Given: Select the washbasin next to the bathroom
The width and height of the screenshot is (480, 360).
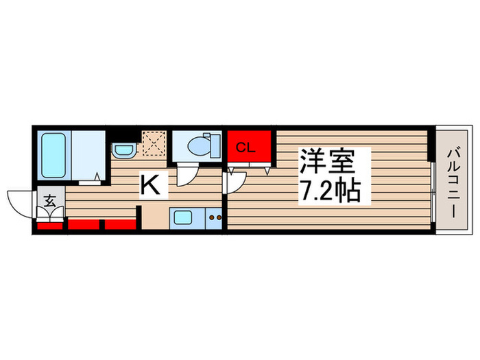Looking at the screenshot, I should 123,149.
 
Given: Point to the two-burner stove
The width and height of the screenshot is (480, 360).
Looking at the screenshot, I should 215,219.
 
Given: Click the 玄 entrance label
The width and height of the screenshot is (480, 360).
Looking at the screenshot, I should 50,201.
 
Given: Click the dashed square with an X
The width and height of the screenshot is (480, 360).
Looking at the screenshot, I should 152,141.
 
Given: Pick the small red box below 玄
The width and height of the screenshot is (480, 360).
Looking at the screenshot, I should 49,225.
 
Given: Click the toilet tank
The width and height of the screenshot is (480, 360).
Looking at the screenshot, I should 214,146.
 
